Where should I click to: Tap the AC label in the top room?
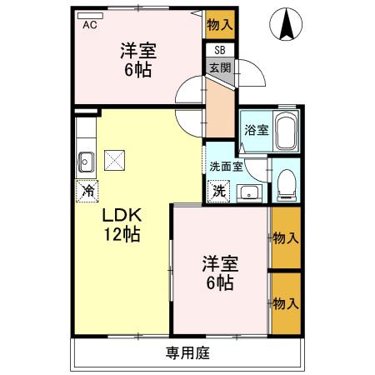90,26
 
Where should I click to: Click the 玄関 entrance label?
220,68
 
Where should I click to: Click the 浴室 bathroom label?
256,130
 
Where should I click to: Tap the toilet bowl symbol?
287,182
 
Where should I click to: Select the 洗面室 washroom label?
225,167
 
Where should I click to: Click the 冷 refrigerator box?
87,191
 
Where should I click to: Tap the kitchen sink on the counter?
86,158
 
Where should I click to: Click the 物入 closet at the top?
220,25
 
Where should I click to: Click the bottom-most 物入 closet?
285,302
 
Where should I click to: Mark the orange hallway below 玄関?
219,108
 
